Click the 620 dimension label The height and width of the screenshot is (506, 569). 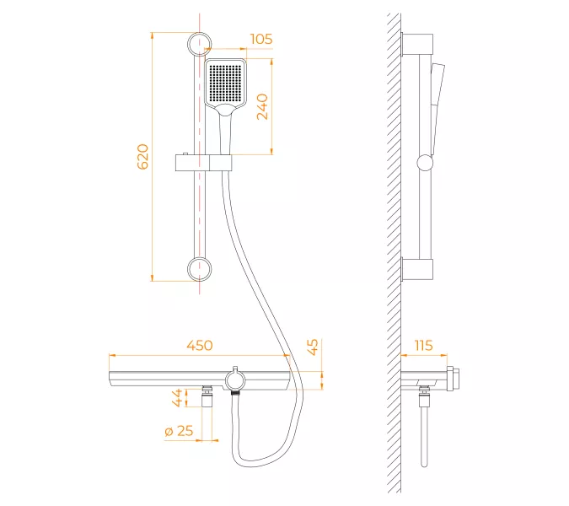143,157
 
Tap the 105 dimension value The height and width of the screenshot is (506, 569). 261,39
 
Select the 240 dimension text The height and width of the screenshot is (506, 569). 262,107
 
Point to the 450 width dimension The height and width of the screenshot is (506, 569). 200,345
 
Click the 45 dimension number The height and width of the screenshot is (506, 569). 313,347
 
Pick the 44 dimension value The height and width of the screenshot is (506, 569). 177,397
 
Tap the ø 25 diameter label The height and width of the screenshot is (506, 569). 179,431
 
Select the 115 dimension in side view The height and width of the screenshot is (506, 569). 423,345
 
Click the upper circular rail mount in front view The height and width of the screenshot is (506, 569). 199,44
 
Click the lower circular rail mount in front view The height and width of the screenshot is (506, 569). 199,269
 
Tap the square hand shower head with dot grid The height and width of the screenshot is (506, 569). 226,83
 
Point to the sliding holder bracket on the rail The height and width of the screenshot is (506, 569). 204,162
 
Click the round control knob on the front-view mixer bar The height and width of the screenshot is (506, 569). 235,380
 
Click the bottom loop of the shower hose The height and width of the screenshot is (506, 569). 254,458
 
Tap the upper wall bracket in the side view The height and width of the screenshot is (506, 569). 417,44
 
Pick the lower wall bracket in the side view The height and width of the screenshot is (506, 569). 417,269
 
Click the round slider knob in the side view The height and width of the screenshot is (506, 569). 425,163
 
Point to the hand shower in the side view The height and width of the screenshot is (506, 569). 437,109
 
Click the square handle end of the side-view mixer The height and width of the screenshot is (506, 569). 454,379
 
